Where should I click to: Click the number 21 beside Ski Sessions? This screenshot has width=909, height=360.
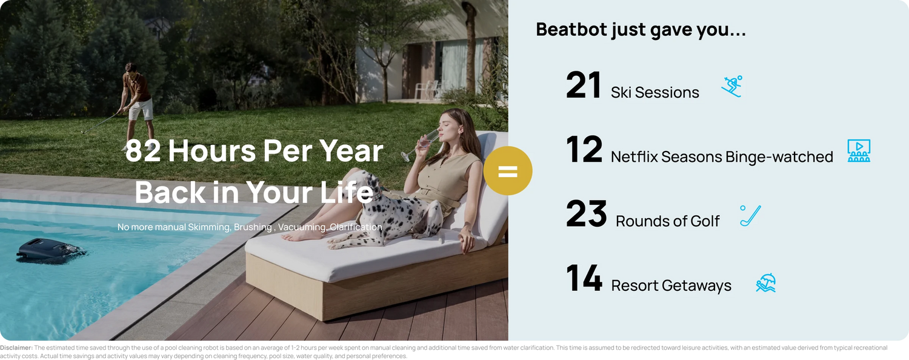[x=583, y=85]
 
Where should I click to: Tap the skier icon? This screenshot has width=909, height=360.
[x=731, y=87]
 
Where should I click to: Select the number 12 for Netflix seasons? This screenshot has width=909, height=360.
[x=584, y=149]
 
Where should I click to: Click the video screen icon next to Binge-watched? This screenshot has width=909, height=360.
[x=859, y=150]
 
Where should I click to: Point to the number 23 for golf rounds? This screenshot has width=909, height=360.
[x=587, y=213]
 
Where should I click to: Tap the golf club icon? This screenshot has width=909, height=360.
[x=750, y=215]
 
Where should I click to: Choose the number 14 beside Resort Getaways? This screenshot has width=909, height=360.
[x=584, y=278]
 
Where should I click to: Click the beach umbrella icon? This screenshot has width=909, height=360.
[x=766, y=282]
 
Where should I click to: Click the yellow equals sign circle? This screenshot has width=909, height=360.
[x=508, y=171]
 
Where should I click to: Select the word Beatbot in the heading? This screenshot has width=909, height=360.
[x=571, y=29]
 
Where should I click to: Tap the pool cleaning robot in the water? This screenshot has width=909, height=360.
[x=51, y=250]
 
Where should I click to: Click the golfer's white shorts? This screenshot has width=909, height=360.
[x=141, y=109]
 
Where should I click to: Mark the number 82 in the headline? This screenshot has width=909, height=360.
[x=143, y=151]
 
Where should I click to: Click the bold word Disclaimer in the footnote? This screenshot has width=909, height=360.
[x=16, y=348]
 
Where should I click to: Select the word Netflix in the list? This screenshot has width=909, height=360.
[x=634, y=156]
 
